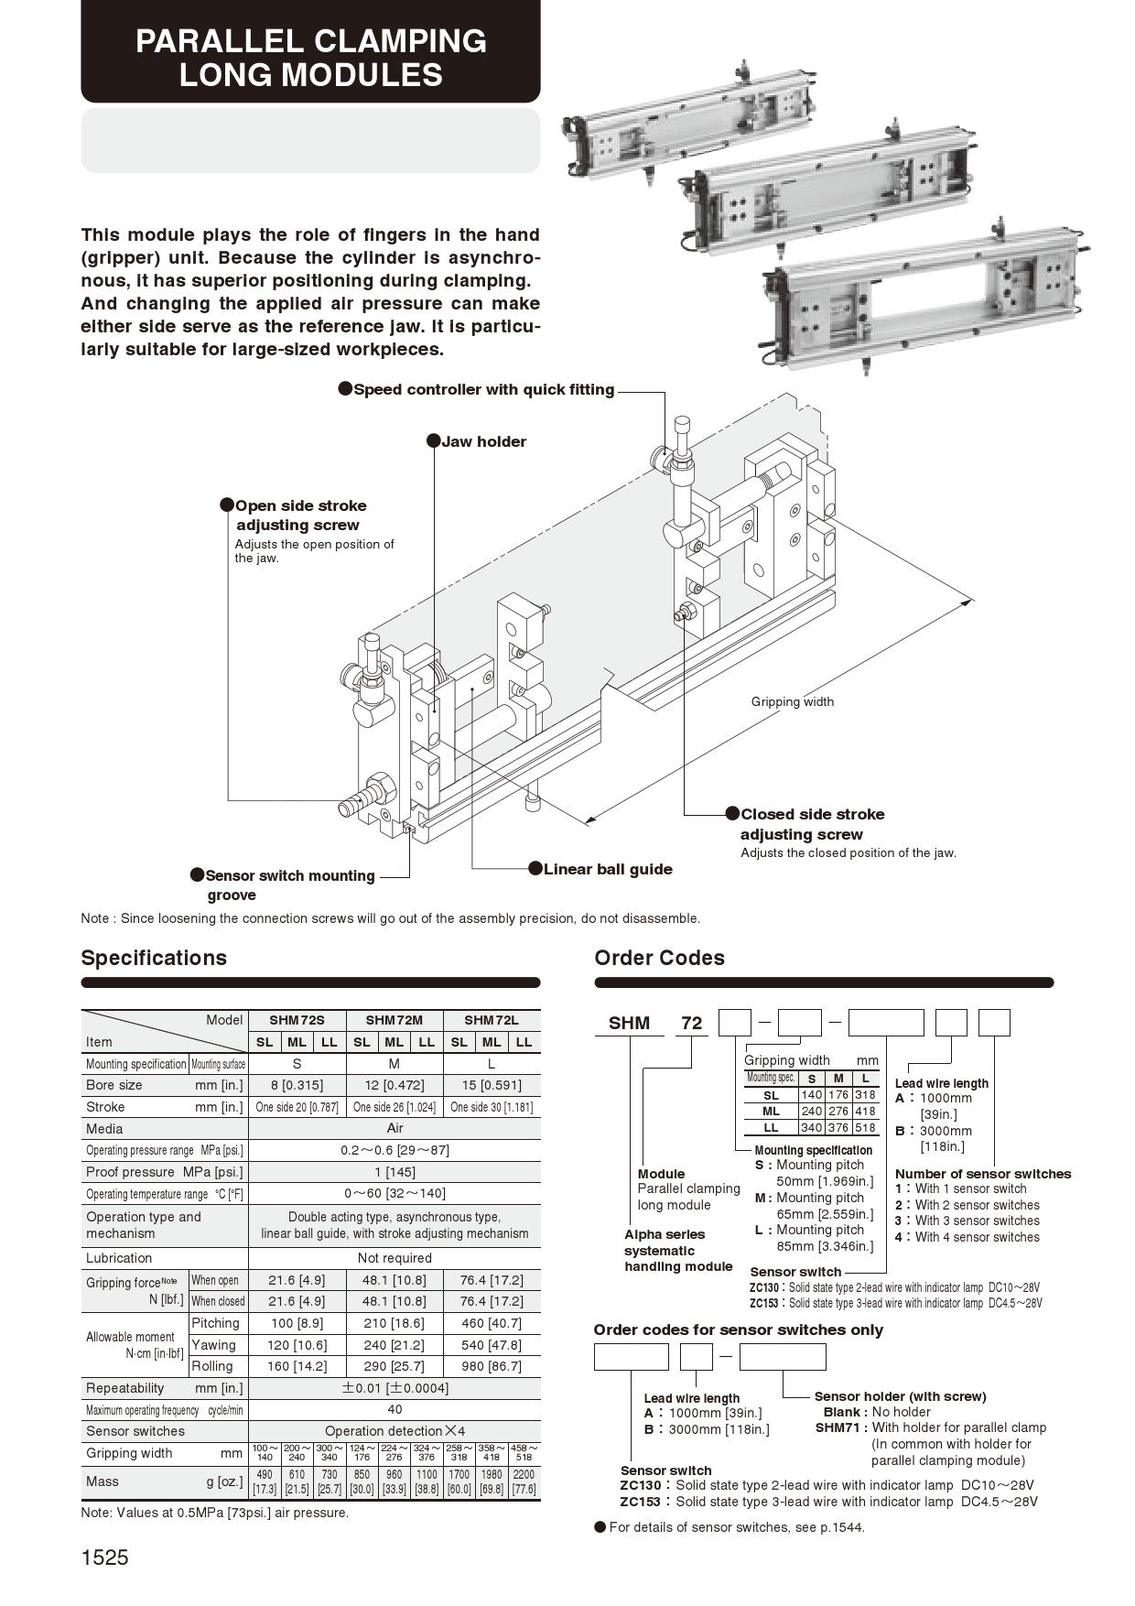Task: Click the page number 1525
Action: tap(105, 1557)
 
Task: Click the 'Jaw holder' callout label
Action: tap(483, 441)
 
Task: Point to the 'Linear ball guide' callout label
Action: tap(608, 869)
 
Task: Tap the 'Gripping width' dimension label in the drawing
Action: tap(793, 701)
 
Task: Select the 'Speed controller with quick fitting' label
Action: tap(483, 389)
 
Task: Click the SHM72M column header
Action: tap(395, 1020)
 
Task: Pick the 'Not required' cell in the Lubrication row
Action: tap(395, 1258)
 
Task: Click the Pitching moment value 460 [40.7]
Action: tap(492, 1323)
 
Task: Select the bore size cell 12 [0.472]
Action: tap(395, 1085)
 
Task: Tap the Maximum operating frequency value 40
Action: tap(395, 1410)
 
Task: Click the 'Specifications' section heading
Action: tap(154, 958)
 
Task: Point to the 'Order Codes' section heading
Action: tap(659, 958)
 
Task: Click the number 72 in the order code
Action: tap(692, 1023)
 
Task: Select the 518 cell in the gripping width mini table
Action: tap(865, 1127)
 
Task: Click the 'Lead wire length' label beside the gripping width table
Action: tap(941, 1083)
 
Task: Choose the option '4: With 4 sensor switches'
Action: tap(967, 1237)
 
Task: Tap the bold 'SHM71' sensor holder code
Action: tap(841, 1427)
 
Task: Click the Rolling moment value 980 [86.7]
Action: tap(492, 1366)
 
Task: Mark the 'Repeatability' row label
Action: tap(125, 1388)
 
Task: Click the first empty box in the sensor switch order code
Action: tap(632, 1357)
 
